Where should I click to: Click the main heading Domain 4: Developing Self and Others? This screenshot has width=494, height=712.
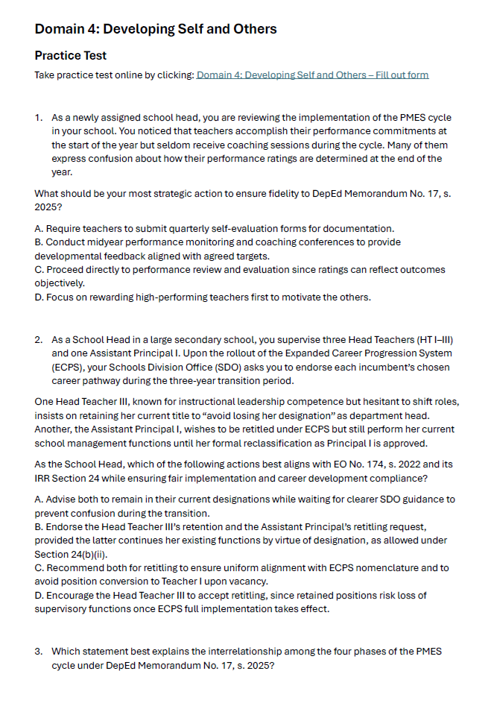pos(156,29)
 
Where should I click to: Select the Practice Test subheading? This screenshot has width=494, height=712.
pos(71,56)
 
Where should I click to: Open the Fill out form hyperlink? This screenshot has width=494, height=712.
pos(312,75)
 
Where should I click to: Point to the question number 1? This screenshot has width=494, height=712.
pos(38,118)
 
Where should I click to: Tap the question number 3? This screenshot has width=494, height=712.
pos(38,651)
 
